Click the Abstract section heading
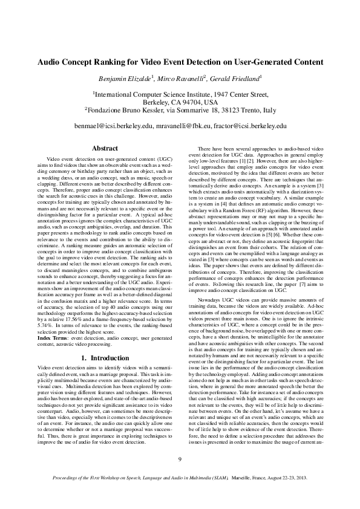click(105, 148)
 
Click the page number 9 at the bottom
click(180, 476)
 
